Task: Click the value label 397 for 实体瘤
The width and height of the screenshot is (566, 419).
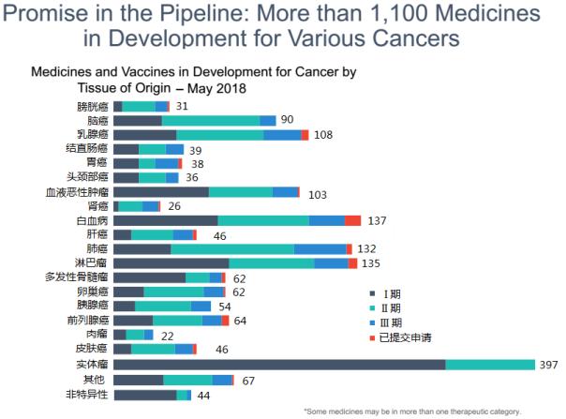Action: coord(549,365)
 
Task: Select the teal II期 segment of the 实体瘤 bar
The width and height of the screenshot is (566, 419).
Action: coord(489,365)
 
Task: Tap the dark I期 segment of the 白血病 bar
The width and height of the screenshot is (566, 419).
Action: coord(165,220)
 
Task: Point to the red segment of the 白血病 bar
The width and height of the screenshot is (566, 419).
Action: coord(352,220)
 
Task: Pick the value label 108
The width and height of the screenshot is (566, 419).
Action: coord(324,135)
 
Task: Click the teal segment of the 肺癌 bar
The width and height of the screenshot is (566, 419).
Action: coord(232,249)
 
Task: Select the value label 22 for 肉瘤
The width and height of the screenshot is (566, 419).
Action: coord(169,336)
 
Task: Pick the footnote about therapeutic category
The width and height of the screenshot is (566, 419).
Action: coord(432,411)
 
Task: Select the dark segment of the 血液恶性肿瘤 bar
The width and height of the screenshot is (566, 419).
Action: coord(161,192)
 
